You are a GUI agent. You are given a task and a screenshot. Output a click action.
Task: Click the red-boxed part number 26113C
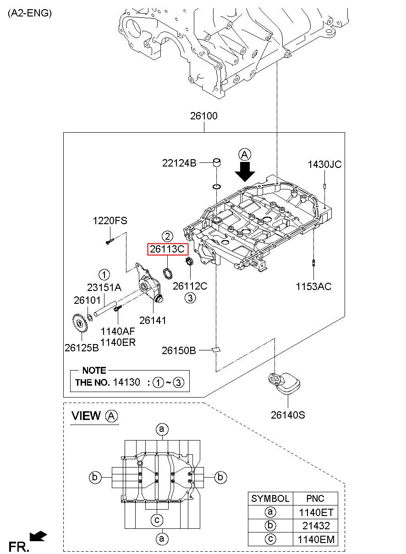pyautogui.click(x=167, y=249)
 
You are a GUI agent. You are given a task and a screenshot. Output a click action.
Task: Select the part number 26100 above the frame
pyautogui.click(x=203, y=116)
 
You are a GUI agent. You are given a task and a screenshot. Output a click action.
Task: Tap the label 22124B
pyautogui.click(x=179, y=163)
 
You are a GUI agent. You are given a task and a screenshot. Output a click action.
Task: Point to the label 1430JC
pyautogui.click(x=324, y=164)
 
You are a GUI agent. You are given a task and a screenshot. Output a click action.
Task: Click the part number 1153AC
pyautogui.click(x=313, y=286)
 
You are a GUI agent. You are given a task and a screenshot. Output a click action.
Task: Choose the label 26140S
pyautogui.click(x=288, y=415)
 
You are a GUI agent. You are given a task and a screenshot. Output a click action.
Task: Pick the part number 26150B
pyautogui.click(x=179, y=350)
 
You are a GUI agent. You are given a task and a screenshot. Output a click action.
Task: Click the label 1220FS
pyautogui.click(x=110, y=221)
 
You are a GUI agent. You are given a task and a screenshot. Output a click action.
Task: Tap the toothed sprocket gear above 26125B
pyautogui.click(x=80, y=323)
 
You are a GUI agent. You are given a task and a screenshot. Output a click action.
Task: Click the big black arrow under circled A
pyautogui.click(x=245, y=172)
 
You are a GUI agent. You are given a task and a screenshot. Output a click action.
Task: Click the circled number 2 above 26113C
pyautogui.click(x=167, y=236)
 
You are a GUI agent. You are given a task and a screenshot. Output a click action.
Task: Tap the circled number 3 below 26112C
pyautogui.click(x=190, y=298)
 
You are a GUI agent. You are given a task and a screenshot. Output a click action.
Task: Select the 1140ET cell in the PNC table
pyautogui.click(x=316, y=512)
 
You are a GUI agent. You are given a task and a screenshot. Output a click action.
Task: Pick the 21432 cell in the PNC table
pyautogui.click(x=316, y=526)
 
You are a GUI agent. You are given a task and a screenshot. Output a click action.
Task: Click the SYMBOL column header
pyautogui.click(x=270, y=498)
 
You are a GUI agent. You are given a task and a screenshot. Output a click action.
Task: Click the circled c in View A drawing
pyautogui.click(x=157, y=520)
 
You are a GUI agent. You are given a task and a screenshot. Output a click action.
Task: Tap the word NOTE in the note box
pyautogui.click(x=94, y=370)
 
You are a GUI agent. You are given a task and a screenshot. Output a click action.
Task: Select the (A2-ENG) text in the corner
pyautogui.click(x=30, y=13)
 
